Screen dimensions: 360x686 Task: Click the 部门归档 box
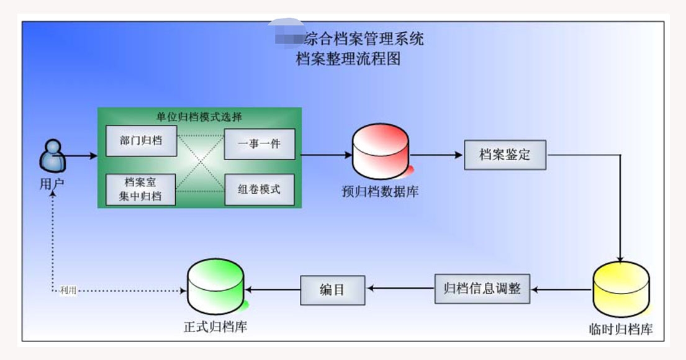pos(142,140)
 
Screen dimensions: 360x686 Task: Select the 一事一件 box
pos(259,144)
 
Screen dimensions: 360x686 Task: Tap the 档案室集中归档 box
pos(142,189)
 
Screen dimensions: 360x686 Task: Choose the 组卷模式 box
pos(259,189)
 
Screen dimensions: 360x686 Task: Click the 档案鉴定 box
pos(505,155)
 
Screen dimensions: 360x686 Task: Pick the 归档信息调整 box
pos(482,289)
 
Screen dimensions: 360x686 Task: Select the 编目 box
pos(332,289)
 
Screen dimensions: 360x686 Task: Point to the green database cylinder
pos(215,287)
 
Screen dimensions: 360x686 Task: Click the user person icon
pos(52,156)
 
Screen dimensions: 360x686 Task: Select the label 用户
pos(52,184)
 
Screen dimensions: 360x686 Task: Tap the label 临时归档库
pos(621,328)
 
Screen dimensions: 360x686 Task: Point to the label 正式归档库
pos(215,326)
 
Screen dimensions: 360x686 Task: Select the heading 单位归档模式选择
pos(199,117)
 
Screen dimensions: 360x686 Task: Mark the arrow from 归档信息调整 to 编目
pos(400,289)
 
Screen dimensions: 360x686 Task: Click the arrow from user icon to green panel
pos(81,156)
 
